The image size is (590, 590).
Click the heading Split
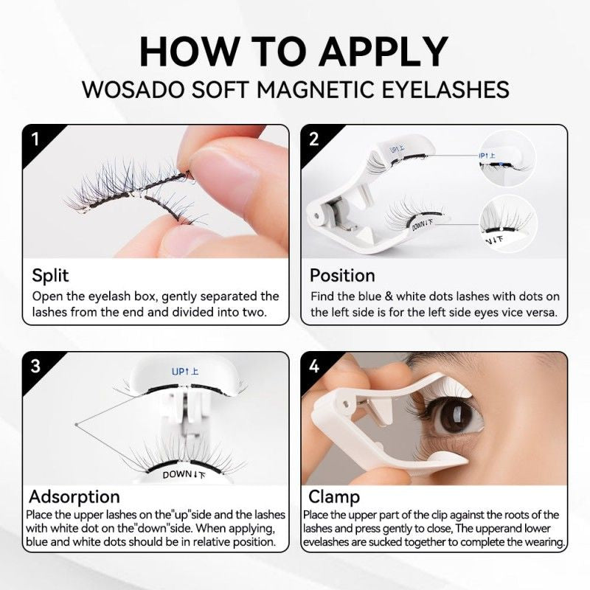click(50, 276)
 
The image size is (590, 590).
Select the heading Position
click(342, 276)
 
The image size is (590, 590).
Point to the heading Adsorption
click(74, 496)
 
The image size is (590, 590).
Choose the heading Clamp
click(334, 496)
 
